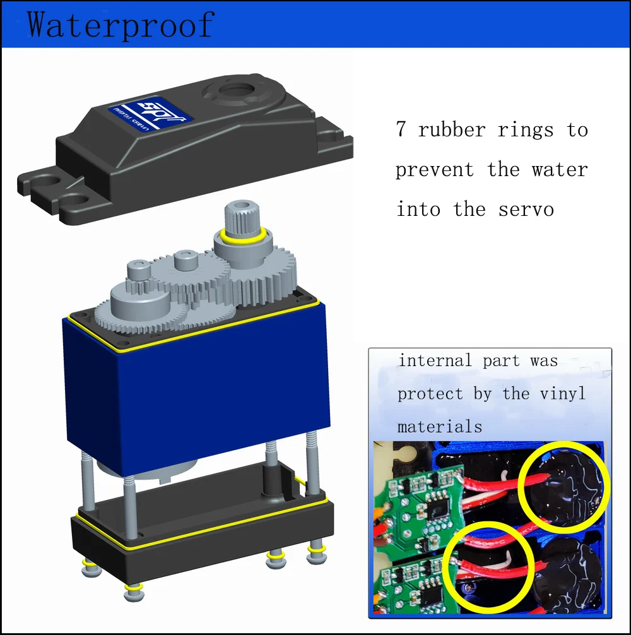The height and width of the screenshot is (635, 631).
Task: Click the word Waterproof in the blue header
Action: tap(121, 25)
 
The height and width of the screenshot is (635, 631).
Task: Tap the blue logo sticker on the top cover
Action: tap(150, 114)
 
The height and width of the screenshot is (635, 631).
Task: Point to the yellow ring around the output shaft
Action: tap(241, 237)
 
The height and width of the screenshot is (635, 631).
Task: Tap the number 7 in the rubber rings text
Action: tap(401, 129)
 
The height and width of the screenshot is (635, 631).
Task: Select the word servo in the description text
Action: tap(526, 210)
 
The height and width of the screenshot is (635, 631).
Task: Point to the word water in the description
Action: tap(559, 169)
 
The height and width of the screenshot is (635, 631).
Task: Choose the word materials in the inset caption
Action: tap(440, 427)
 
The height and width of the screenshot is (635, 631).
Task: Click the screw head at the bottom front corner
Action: tap(134, 593)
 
